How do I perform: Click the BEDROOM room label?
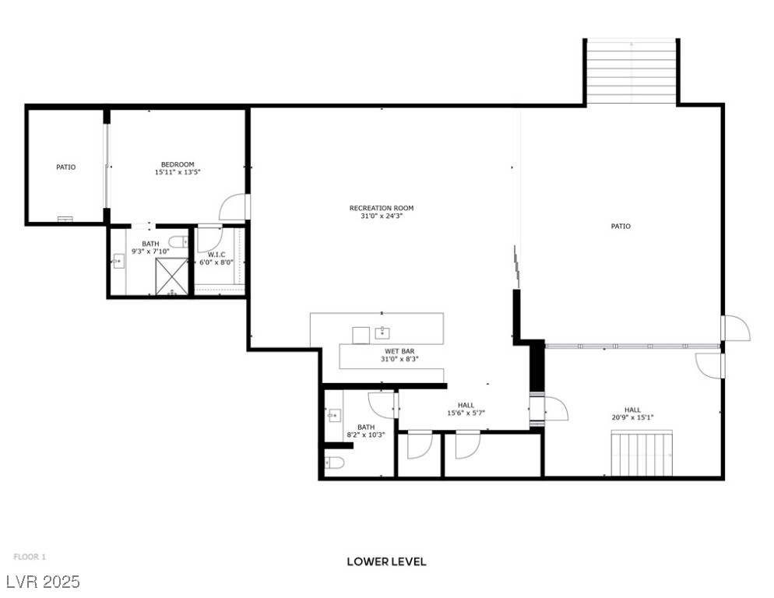point(178,164)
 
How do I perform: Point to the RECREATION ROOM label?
point(381,208)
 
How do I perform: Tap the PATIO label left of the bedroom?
point(65,167)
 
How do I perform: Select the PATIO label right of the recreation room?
point(620,227)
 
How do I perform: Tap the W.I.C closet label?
point(216,255)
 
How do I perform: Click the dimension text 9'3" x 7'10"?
point(150,252)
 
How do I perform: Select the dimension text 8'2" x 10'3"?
point(365,435)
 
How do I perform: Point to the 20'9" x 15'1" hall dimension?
point(632,417)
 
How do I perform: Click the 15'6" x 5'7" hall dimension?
point(466,413)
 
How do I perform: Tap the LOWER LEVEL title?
point(386,561)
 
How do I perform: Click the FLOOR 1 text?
point(30,557)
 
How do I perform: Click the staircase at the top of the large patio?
point(631,71)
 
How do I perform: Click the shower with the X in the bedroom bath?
point(171,277)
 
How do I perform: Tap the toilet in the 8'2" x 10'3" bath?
point(335,463)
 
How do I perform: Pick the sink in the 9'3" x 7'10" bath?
point(118,262)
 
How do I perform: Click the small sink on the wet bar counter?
point(382,334)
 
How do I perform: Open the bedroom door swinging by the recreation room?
point(234,207)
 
